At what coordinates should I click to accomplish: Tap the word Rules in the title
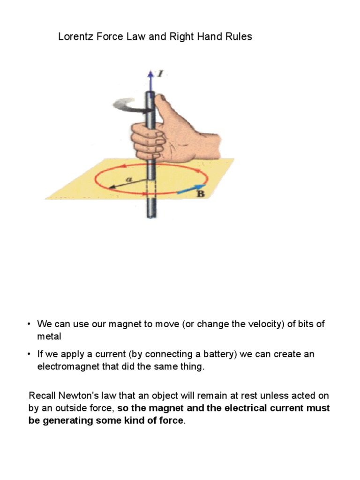(x=238, y=37)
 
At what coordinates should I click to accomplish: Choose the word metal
(x=49, y=337)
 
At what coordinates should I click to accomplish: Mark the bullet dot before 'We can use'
(x=29, y=324)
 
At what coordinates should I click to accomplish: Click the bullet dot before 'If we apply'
(x=29, y=354)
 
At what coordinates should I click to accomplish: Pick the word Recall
(x=42, y=396)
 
